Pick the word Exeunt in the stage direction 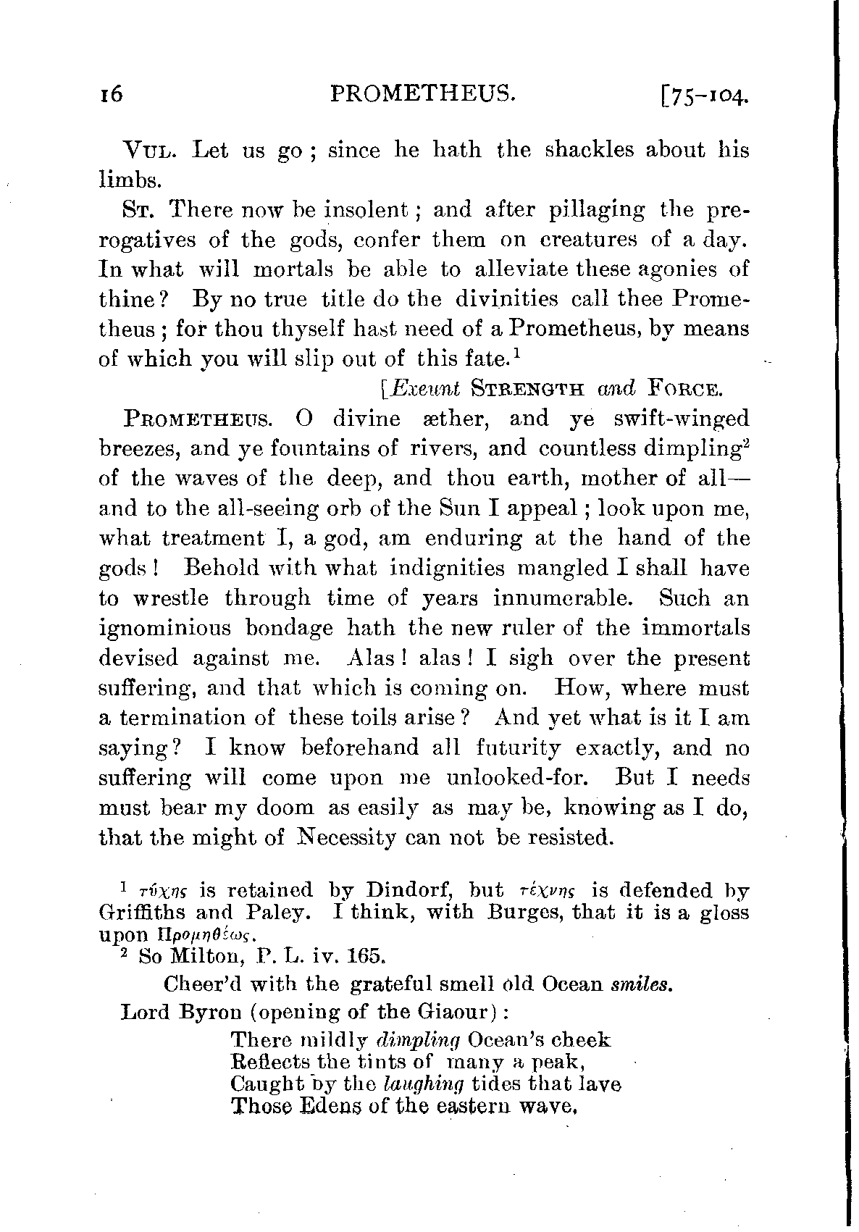click(420, 389)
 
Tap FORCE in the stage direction click(684, 390)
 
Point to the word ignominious click(164, 628)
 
